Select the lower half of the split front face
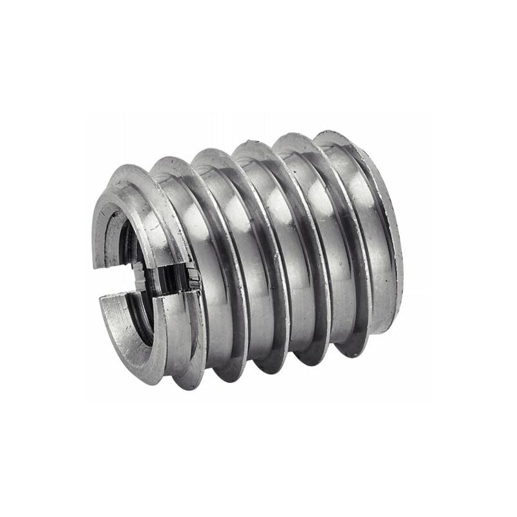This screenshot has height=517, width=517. point(129,343)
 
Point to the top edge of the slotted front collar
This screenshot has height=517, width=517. point(129,169)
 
